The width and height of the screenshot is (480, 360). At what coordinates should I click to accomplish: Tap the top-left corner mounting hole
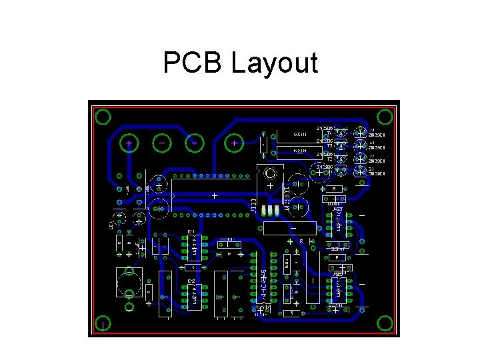click(103, 117)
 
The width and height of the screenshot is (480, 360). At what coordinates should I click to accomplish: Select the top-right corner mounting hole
click(385, 113)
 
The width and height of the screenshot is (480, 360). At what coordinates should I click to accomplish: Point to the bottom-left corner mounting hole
click(104, 324)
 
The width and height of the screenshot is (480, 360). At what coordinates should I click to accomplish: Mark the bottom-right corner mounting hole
click(384, 323)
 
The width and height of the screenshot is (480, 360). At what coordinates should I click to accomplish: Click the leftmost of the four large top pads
click(129, 143)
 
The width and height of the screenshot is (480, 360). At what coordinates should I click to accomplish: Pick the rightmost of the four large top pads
click(234, 143)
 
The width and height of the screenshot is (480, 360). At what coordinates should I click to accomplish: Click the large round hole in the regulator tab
click(270, 174)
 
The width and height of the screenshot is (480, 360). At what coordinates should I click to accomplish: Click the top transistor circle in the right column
click(360, 131)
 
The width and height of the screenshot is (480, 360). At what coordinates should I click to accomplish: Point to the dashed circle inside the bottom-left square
click(129, 282)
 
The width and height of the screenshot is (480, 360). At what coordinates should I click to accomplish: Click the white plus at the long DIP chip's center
click(214, 195)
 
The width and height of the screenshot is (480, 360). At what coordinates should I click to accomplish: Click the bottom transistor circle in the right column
click(360, 171)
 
